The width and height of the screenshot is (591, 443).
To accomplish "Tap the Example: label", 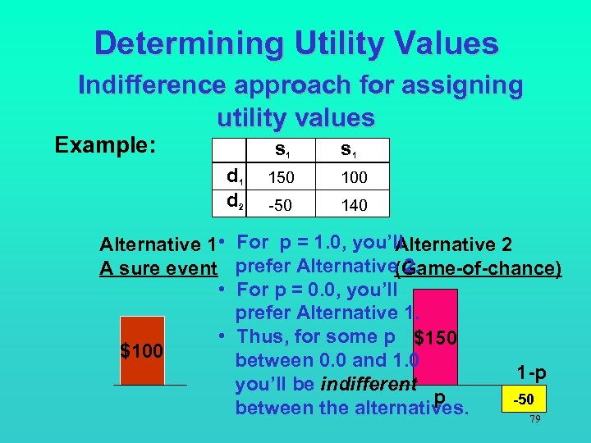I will [x=105, y=145].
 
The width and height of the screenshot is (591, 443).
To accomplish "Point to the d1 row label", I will [x=235, y=175].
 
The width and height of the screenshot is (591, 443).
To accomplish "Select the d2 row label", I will [x=235, y=200].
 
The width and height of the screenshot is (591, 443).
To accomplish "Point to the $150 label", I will [x=437, y=337].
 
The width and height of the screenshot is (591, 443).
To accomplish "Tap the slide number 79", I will [x=534, y=419].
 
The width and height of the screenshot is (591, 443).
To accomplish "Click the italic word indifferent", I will [x=369, y=384].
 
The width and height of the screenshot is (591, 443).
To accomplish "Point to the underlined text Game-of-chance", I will [x=479, y=268].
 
